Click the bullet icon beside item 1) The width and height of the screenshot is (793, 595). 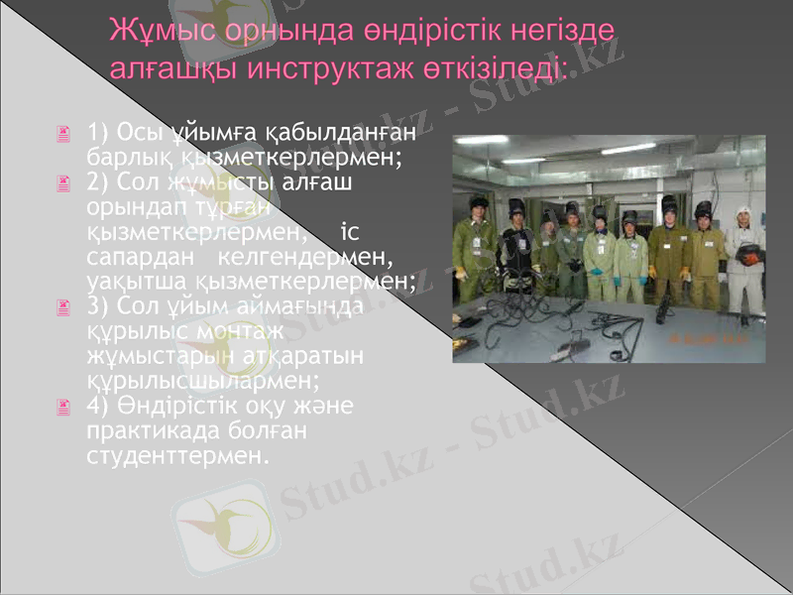(x=64, y=133)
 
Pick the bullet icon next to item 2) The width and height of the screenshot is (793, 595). (x=64, y=183)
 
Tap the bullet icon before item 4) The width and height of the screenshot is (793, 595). (x=64, y=407)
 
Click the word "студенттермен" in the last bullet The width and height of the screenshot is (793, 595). (x=178, y=457)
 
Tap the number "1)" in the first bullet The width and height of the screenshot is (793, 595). (x=98, y=133)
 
